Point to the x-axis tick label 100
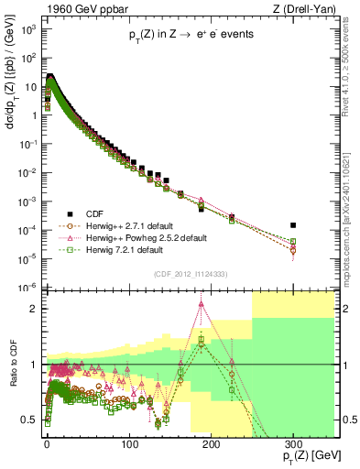128,444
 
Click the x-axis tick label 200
211,444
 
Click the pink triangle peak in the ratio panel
201,305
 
